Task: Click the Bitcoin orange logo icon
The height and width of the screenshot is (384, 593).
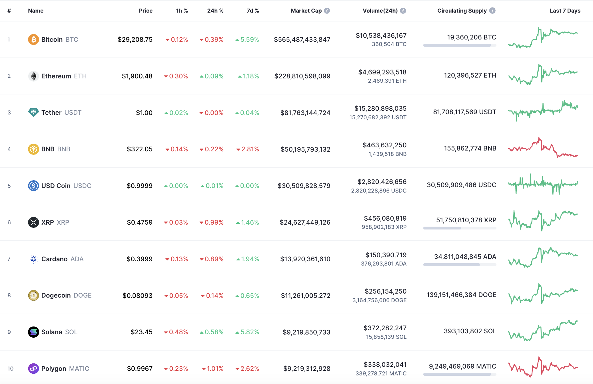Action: (x=33, y=39)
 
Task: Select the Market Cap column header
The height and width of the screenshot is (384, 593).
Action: (x=306, y=11)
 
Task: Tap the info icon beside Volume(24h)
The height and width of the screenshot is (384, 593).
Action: (x=403, y=11)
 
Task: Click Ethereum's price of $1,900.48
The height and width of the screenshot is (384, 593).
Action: (x=137, y=76)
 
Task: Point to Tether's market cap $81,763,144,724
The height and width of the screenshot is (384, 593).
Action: (x=305, y=113)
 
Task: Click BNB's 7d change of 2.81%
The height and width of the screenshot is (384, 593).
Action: (x=248, y=149)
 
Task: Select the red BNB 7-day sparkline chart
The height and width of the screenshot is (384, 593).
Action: (x=543, y=148)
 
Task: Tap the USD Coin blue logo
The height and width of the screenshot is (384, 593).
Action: (x=33, y=186)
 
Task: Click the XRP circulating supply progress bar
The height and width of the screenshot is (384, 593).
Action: (x=460, y=228)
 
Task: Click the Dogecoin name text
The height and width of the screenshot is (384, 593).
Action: (x=56, y=295)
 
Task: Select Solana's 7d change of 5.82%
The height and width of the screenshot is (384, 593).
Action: (x=247, y=332)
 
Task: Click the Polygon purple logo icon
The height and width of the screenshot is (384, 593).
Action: (x=33, y=369)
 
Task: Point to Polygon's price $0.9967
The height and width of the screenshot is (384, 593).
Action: (x=140, y=369)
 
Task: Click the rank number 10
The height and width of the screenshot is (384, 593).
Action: (x=10, y=369)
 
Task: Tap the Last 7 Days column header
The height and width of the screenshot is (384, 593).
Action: (x=565, y=11)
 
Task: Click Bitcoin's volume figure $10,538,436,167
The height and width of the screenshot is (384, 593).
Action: (x=381, y=35)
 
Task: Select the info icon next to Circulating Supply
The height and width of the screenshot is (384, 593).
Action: (x=492, y=11)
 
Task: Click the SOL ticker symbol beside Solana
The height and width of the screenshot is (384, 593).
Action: (x=71, y=332)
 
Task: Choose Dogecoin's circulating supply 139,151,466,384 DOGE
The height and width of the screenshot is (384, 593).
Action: (x=461, y=295)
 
